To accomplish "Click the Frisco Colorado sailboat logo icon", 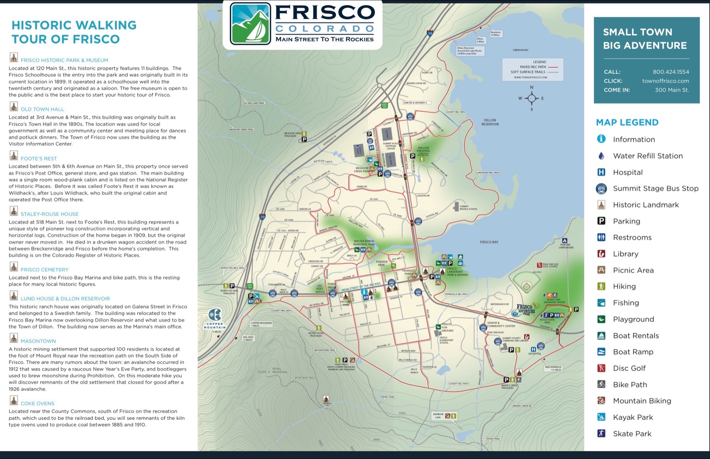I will coord(250,24).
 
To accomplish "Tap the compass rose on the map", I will coord(532,98).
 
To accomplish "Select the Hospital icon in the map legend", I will coord(601,172).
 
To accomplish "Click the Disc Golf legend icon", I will coord(601,368).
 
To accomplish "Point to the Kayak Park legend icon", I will coord(601,417).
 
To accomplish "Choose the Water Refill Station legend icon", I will coord(601,156).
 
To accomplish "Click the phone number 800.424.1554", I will coord(671,72).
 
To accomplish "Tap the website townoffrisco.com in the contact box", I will coord(665,81).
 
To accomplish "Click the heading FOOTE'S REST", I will coord(39,158).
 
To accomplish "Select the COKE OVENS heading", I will coord(37,403).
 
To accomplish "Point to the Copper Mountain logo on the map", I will coord(215,318).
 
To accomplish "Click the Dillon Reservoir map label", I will coord(490,122).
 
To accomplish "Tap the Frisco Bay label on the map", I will coord(489,242).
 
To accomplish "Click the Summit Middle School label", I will coord(468,208).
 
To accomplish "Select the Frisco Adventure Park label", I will coord(525,309).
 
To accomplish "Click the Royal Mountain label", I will coord(277,370).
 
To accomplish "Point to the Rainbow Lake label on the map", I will coord(438,416).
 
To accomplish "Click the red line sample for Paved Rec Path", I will coord(553,67).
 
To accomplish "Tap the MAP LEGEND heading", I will coord(627,122).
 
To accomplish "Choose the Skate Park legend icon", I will coord(601,433).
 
